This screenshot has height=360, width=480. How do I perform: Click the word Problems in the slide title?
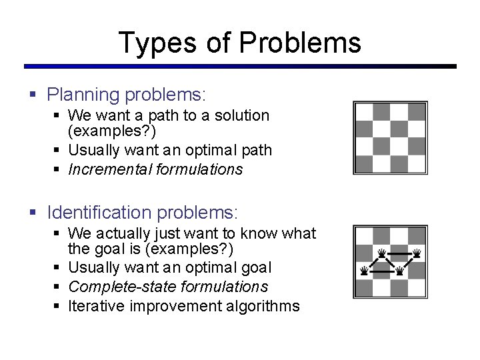pyautogui.click(x=299, y=43)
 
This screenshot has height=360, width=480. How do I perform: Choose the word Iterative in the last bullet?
pyautogui.click(x=93, y=306)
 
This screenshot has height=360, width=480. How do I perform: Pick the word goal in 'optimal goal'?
pyautogui.click(x=256, y=267)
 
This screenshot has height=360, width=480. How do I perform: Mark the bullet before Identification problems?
pyautogui.click(x=34, y=213)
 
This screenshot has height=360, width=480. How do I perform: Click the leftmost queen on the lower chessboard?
pyautogui.click(x=363, y=271)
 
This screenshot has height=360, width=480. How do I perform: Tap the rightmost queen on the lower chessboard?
pyautogui.click(x=417, y=253)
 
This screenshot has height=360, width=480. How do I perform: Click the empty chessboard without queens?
pyautogui.click(x=390, y=138)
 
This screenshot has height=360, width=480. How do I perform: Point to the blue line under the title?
pyautogui.click(x=240, y=67)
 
